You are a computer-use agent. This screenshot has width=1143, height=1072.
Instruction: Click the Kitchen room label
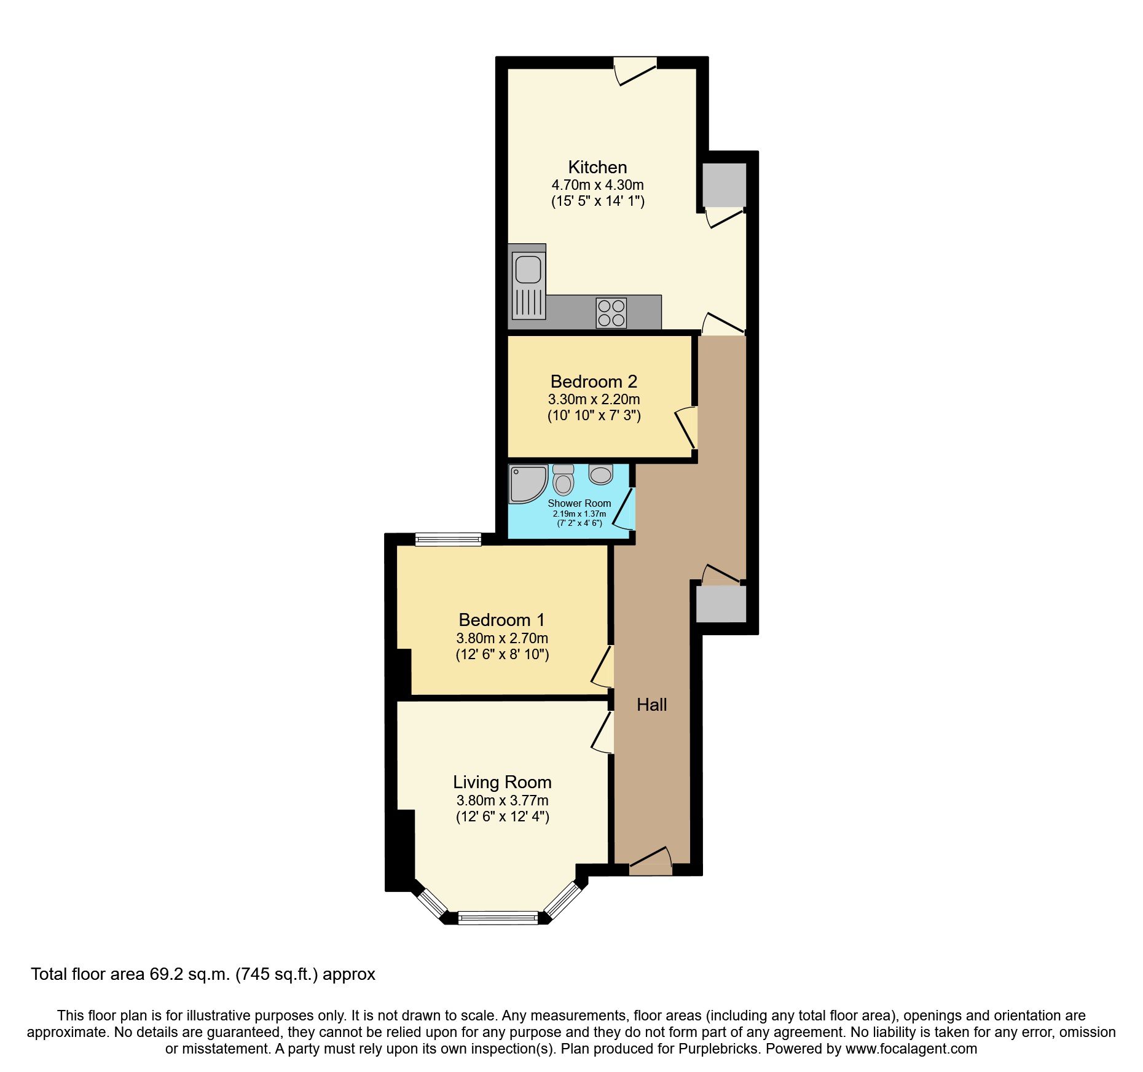[x=597, y=167]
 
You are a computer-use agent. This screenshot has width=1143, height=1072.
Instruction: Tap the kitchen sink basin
[x=528, y=270]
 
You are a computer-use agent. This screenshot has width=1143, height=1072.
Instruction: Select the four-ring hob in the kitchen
[x=611, y=313]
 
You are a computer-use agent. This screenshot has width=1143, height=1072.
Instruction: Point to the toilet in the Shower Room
[x=563, y=480]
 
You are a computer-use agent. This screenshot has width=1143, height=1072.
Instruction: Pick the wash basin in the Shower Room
[x=600, y=474]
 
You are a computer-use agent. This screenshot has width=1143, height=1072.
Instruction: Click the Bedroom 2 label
[x=594, y=381]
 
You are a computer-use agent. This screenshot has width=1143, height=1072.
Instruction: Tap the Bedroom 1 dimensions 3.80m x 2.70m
[x=502, y=638]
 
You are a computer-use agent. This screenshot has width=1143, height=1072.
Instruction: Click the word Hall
[x=651, y=705]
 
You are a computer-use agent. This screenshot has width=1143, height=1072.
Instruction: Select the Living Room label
[x=502, y=782]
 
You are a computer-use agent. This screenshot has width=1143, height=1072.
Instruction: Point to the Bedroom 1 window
[x=448, y=539]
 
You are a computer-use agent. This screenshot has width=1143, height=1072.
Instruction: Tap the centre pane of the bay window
[x=498, y=918]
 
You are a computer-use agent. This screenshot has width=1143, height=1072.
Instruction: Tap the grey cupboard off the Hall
[x=721, y=604]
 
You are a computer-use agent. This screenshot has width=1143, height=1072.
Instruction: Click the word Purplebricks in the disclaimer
[x=718, y=1049]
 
